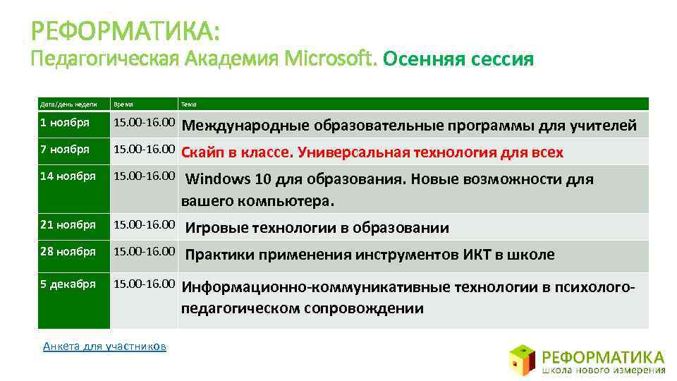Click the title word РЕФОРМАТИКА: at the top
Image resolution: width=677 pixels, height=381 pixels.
click(x=126, y=32)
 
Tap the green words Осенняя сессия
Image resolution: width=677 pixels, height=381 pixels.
click(x=458, y=59)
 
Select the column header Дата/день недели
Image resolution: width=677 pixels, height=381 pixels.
click(x=68, y=104)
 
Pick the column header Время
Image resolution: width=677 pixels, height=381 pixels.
click(x=123, y=104)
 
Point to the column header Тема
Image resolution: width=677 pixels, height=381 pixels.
click(x=189, y=104)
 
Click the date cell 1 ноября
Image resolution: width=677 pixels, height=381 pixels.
click(x=65, y=123)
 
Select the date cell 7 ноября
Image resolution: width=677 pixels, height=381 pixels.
click(x=65, y=150)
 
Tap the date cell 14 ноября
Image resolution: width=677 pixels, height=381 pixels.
click(x=68, y=176)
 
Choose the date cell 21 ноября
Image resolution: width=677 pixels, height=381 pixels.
click(x=68, y=224)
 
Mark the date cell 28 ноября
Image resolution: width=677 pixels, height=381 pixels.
click(x=68, y=251)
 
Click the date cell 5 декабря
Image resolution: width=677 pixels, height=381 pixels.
click(x=68, y=284)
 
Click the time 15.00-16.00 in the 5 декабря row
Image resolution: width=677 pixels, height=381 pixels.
click(x=145, y=284)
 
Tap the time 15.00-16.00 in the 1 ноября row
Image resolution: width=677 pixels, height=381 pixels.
click(x=145, y=123)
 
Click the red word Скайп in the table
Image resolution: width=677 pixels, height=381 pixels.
click(x=203, y=152)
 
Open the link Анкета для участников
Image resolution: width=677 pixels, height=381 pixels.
click(x=104, y=346)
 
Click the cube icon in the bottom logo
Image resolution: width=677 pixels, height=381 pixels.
click(x=523, y=358)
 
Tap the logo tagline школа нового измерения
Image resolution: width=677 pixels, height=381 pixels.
click(x=604, y=369)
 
